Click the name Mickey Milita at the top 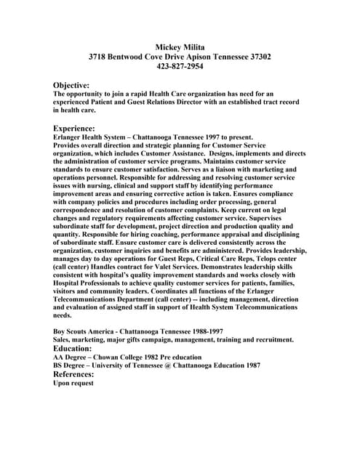(x=180, y=46)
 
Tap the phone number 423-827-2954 (x=180, y=66)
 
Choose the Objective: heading (x=71, y=85)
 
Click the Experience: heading (x=74, y=128)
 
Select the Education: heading (x=73, y=348)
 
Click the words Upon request (x=73, y=383)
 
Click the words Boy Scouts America (x=85, y=331)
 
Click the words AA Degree (x=71, y=357)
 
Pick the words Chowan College (x=124, y=357)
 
